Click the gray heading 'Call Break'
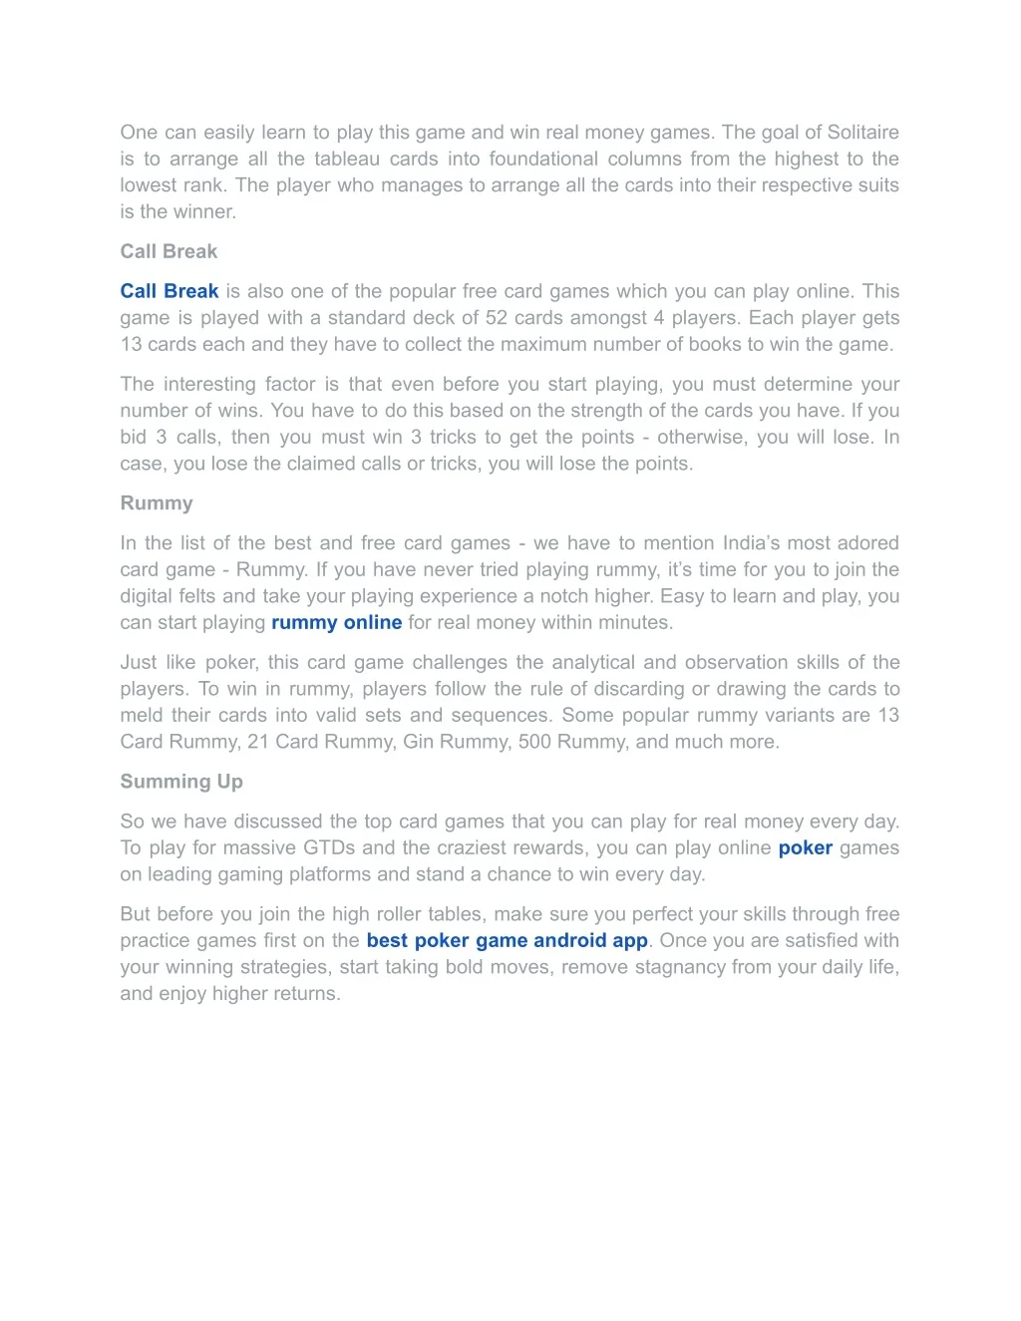click(169, 251)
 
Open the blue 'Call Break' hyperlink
click(169, 291)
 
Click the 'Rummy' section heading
click(157, 502)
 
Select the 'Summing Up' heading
click(181, 782)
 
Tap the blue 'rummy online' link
click(336, 622)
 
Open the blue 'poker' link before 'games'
click(805, 847)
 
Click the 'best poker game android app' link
click(507, 940)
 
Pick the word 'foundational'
click(543, 159)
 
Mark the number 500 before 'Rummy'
click(534, 742)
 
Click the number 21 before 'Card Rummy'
click(258, 742)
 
